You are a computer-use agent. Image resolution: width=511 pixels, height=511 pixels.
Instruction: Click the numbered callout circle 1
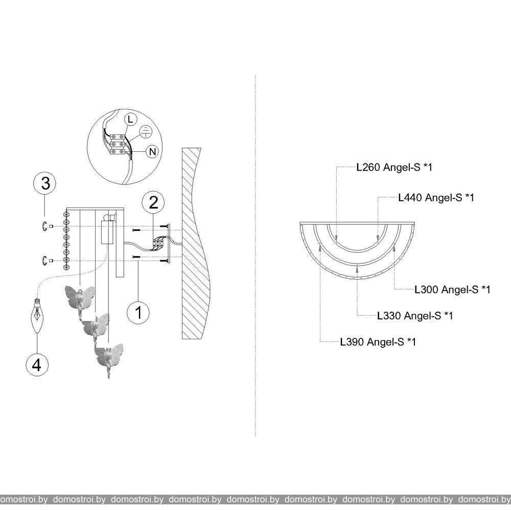pos(138,312)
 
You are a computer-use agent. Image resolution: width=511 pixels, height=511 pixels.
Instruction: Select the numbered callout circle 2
pos(153,203)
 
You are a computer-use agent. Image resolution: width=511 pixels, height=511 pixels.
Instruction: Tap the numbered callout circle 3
pos(44,183)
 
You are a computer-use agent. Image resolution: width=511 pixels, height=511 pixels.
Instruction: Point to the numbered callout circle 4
pos(37,364)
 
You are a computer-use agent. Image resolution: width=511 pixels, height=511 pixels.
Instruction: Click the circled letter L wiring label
pos(131,119)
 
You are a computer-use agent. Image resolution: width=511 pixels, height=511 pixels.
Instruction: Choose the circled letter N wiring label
pos(152,152)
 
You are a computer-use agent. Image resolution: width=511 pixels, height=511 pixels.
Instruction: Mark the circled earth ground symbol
pos(146,131)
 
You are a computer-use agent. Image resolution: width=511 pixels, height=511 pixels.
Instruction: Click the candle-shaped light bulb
pos(37,315)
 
